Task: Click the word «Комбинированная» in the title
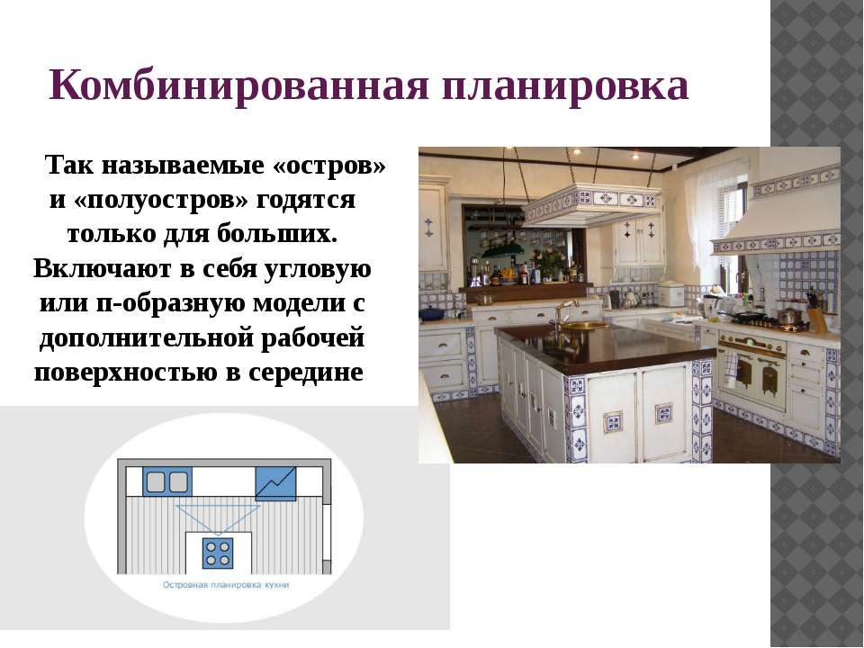coord(238,86)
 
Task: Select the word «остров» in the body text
coord(329,166)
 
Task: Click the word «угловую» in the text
coord(318,269)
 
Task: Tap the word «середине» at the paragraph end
coord(306,373)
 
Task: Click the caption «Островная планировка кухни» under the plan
coord(226,585)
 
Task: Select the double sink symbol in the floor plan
coord(167,482)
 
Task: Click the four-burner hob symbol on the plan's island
coord(217,553)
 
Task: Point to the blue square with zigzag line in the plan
coord(275,484)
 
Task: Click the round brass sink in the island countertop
coord(580,325)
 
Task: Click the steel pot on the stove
coord(789,316)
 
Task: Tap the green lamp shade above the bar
coord(501,251)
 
